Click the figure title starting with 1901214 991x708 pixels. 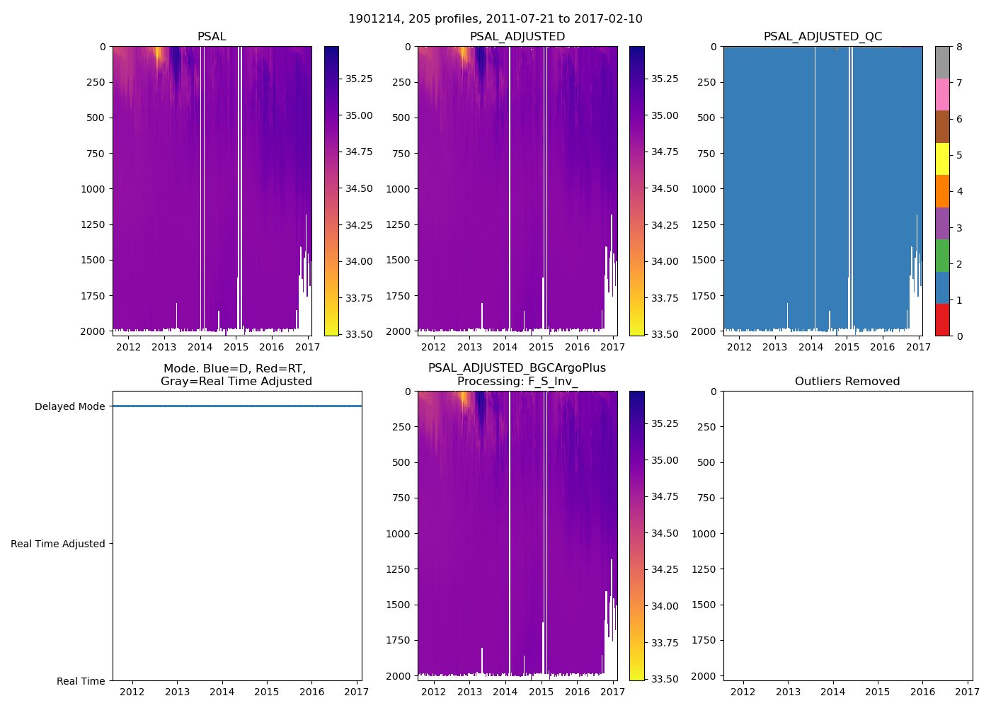pos(495,19)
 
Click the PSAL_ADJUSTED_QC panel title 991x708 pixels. pos(823,37)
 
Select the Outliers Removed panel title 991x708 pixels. pos(847,382)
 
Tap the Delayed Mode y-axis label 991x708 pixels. pos(69,406)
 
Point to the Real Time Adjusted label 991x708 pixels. pos(58,544)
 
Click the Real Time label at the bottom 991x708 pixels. pos(81,681)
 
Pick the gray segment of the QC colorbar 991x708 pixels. pos(942,62)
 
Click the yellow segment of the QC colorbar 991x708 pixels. pos(942,159)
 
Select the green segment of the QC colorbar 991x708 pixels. pos(942,256)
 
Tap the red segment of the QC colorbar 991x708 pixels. pos(942,320)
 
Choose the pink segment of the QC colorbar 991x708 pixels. pos(942,95)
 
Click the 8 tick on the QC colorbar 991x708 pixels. pos(959,47)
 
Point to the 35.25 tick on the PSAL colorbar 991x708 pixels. pos(359,79)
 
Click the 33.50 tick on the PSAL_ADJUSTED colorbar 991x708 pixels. pos(665,334)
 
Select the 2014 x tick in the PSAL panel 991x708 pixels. pos(200,347)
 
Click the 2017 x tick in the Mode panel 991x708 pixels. pos(357,692)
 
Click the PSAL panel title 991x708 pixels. pos(212,37)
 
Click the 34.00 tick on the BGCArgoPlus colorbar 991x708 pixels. pos(665,606)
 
